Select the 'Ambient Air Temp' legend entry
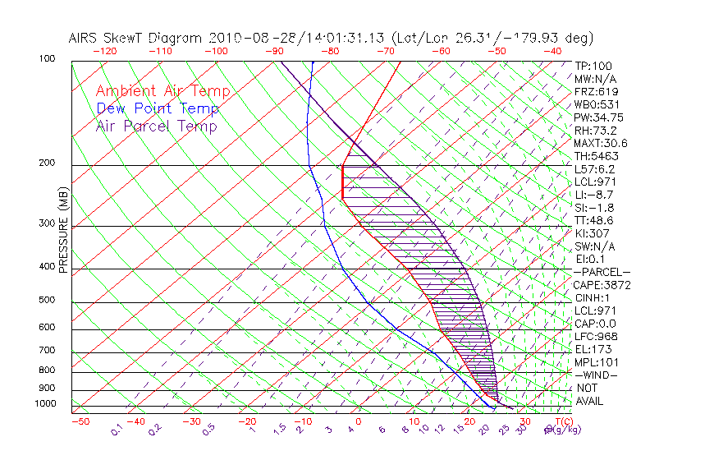click(162, 92)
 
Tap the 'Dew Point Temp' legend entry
click(158, 109)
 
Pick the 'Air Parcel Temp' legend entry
click(157, 126)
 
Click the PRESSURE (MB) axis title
click(64, 229)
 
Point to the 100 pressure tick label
click(47, 59)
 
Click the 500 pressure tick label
click(47, 301)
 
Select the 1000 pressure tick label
click(44, 403)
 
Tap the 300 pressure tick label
click(47, 223)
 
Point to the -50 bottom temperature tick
click(80, 421)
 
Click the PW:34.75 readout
click(599, 117)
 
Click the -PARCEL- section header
click(602, 272)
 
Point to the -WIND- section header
click(597, 375)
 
